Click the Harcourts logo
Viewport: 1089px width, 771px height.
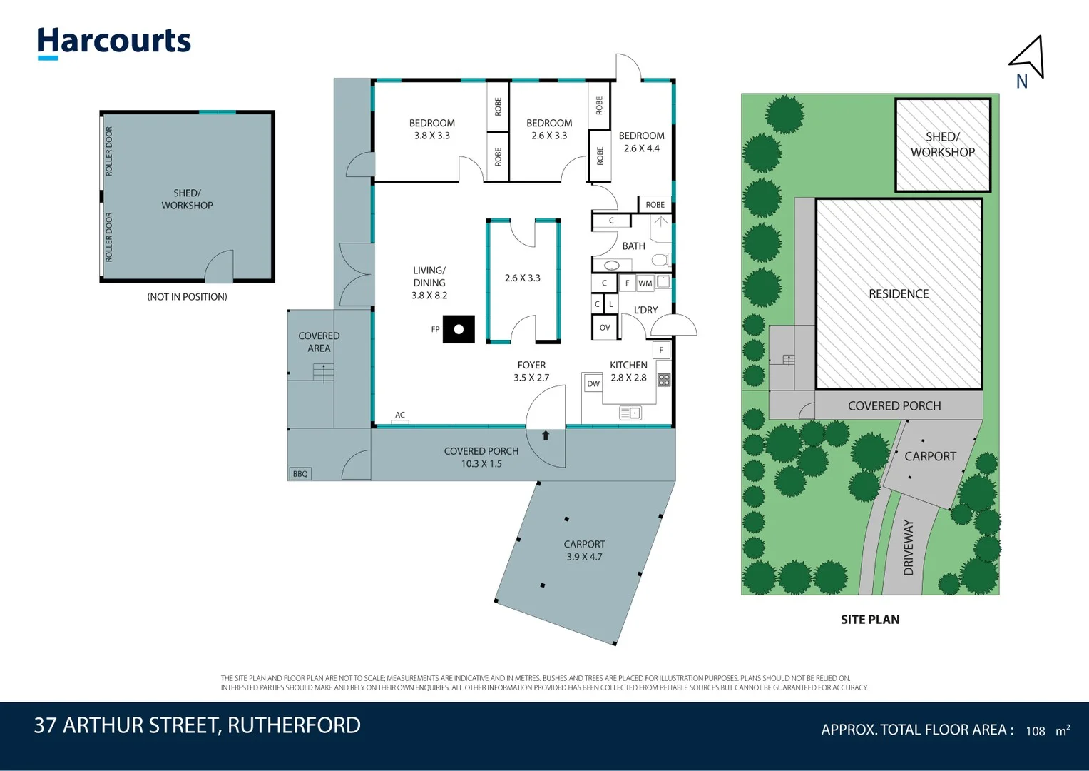[x=114, y=42]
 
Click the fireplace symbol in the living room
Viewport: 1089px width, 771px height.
[x=459, y=329]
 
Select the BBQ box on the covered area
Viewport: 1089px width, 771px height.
[x=300, y=474]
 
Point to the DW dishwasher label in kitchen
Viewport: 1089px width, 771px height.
[x=593, y=384]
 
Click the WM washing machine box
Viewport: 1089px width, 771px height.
[x=645, y=283]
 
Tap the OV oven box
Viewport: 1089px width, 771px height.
[x=605, y=328]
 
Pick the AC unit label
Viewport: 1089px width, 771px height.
[x=400, y=415]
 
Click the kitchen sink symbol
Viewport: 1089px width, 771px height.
[x=630, y=413]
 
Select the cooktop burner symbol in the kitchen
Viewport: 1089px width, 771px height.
[x=664, y=380]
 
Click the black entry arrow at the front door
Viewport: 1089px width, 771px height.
[x=546, y=435]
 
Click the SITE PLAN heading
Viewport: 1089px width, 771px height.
[x=870, y=620]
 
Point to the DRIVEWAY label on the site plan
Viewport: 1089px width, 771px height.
[x=909, y=548]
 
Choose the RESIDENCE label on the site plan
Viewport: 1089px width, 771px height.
[x=899, y=294]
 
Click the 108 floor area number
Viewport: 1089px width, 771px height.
[x=1036, y=731]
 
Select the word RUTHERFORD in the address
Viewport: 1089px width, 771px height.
[x=294, y=725]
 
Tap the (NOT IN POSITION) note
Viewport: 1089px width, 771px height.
[x=187, y=297]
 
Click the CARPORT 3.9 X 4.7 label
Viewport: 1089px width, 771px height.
[x=584, y=550]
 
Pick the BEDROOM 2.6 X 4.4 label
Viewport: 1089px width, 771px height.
[x=641, y=142]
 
